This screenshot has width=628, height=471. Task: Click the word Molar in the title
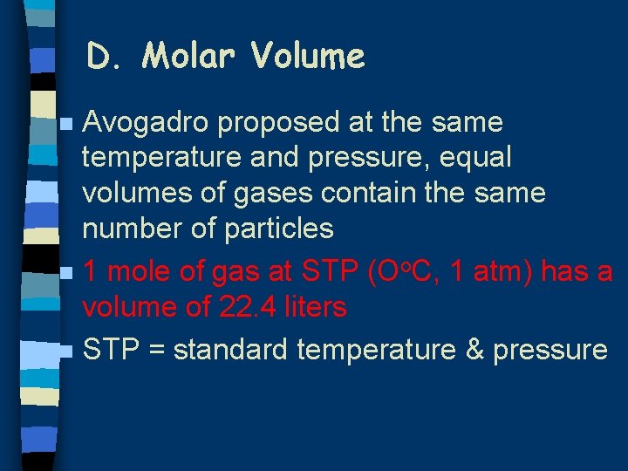tap(190, 58)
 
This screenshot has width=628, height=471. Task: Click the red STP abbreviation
tap(329, 272)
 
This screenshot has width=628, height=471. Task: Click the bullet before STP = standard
tap(67, 352)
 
